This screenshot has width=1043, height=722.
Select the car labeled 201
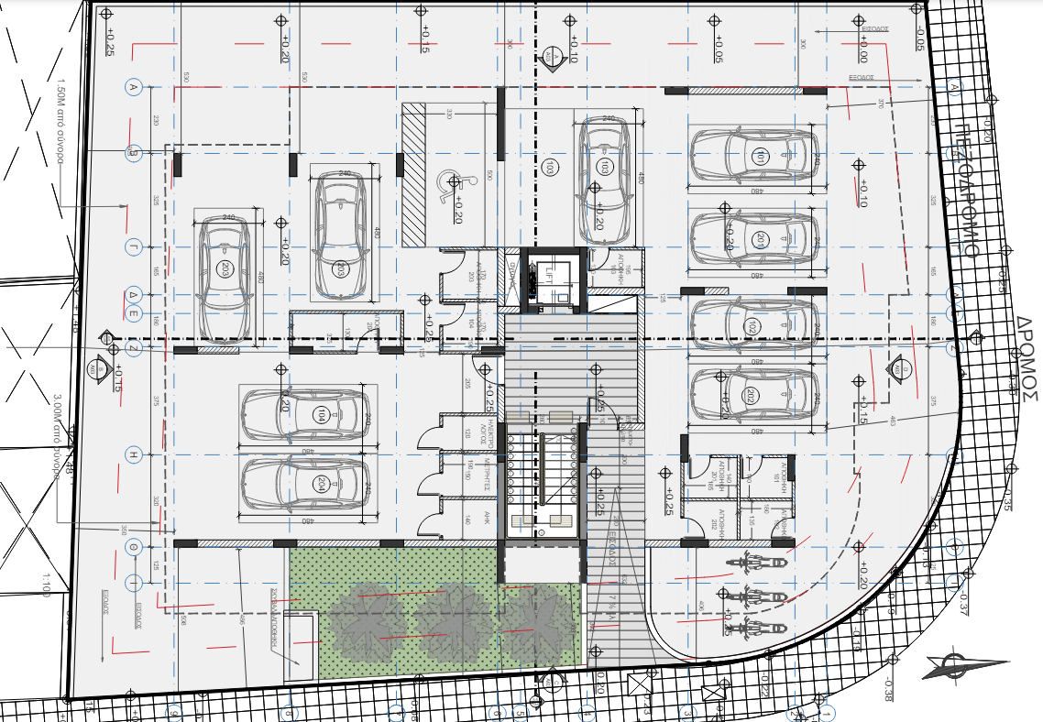pyautogui.click(x=753, y=240)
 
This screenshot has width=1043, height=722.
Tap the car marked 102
pyautogui.click(x=753, y=326)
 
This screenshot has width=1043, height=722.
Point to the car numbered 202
pyautogui.click(x=753, y=396)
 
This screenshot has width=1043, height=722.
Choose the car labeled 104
pyautogui.click(x=304, y=415)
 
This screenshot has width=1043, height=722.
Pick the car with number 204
pyautogui.click(x=304, y=484)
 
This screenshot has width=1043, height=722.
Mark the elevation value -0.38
pyautogui.click(x=888, y=687)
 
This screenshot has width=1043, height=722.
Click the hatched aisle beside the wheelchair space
pyautogui.click(x=414, y=174)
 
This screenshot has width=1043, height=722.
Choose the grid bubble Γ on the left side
pyautogui.click(x=133, y=247)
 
